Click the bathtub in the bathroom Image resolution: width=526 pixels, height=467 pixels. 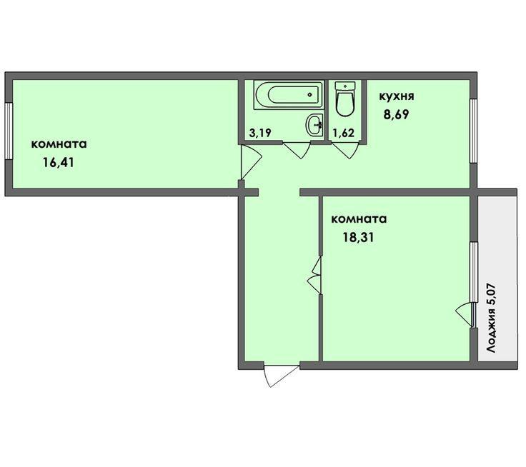coord(289,94)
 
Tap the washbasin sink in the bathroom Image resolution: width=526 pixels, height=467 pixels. coord(314,124)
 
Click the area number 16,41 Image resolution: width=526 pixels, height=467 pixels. coord(59,163)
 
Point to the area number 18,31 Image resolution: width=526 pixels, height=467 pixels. coord(357,238)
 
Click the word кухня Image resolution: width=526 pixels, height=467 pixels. coord(397,96)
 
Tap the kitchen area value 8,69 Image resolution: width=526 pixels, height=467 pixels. coord(397,115)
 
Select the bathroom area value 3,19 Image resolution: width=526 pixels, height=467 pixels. coord(260,133)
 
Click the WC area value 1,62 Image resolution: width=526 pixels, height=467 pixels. coord(343,133)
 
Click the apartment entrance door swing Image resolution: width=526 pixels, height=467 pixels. coord(281,376)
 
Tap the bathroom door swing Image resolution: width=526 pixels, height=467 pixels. coord(297,150)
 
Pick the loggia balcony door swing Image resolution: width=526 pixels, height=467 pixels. coord(465,314)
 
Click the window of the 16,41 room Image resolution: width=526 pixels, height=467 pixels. coord(9,131)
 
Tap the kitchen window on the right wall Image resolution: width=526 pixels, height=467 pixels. coord(473,131)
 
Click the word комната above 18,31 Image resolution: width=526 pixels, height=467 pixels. coord(359,219)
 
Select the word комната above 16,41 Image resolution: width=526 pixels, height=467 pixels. coord(59,144)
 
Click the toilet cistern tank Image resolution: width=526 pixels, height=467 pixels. coord(345,86)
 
